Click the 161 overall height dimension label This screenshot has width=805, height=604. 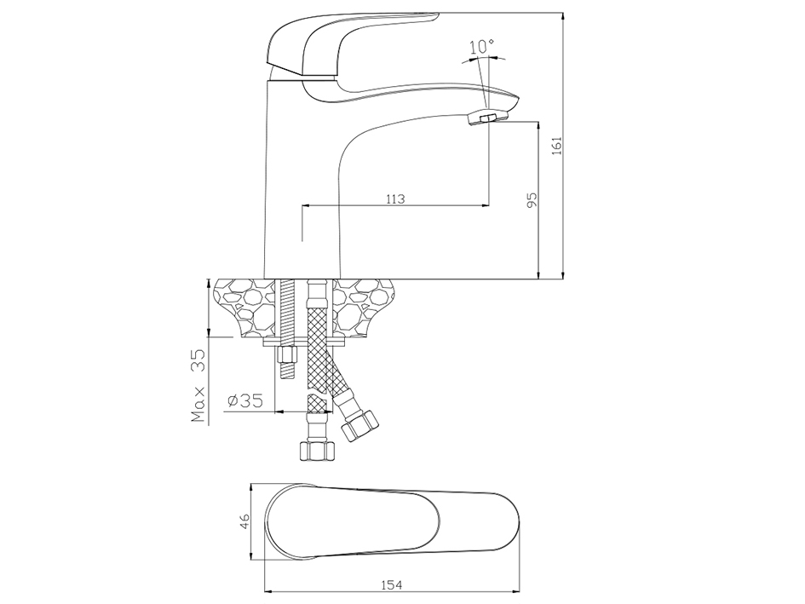click(x=557, y=145)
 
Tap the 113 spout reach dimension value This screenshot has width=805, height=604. click(x=395, y=198)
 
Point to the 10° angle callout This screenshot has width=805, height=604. click(x=481, y=47)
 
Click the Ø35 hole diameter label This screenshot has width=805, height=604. click(x=244, y=400)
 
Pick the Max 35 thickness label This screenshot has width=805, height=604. click(x=198, y=385)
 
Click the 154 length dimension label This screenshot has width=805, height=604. click(x=392, y=584)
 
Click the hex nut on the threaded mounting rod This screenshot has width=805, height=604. click(x=287, y=355)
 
